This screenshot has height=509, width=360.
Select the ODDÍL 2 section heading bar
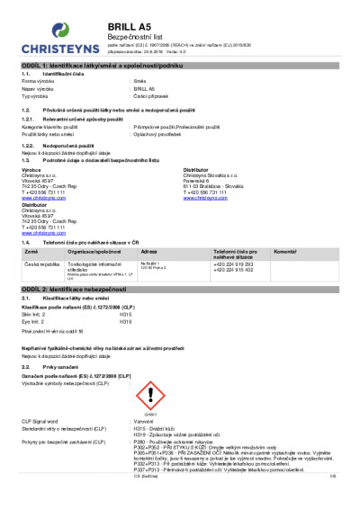tap(180, 287)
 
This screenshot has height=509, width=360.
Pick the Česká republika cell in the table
tap(40, 239)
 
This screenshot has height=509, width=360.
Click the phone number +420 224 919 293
tap(234, 239)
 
